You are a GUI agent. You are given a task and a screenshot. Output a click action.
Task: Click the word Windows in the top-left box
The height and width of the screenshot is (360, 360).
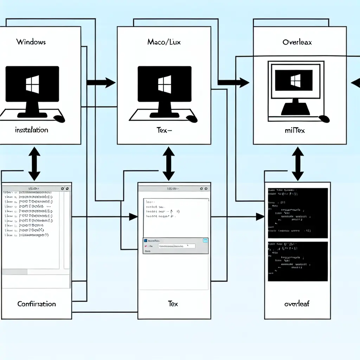tap(31, 42)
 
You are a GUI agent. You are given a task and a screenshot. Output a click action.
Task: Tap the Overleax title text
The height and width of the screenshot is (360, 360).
tap(297, 42)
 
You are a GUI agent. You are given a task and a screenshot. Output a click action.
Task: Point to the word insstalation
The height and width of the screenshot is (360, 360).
tap(31, 130)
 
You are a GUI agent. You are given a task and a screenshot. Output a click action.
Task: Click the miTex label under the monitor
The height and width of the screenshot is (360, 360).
tap(295, 131)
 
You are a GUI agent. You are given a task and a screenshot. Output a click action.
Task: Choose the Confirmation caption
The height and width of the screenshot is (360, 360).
tap(37, 304)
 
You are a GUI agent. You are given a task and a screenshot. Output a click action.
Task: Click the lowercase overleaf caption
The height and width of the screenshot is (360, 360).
tap(297, 304)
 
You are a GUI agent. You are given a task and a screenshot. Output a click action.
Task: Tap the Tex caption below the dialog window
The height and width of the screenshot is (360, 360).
tap(173, 304)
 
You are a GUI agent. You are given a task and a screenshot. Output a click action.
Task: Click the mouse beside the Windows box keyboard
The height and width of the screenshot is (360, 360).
tap(60, 118)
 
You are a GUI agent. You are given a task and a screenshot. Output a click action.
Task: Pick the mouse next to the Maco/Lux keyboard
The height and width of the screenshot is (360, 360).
tap(192, 118)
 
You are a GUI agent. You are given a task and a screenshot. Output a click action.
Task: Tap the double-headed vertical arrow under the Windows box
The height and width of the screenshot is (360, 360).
tap(34, 163)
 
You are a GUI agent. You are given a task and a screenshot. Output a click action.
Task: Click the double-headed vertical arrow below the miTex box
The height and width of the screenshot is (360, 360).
tap(298, 163)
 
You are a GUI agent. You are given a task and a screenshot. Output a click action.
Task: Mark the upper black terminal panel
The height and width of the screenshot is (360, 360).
tap(298, 213)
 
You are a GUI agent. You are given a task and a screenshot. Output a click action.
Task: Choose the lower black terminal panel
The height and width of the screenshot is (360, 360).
tap(298, 261)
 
